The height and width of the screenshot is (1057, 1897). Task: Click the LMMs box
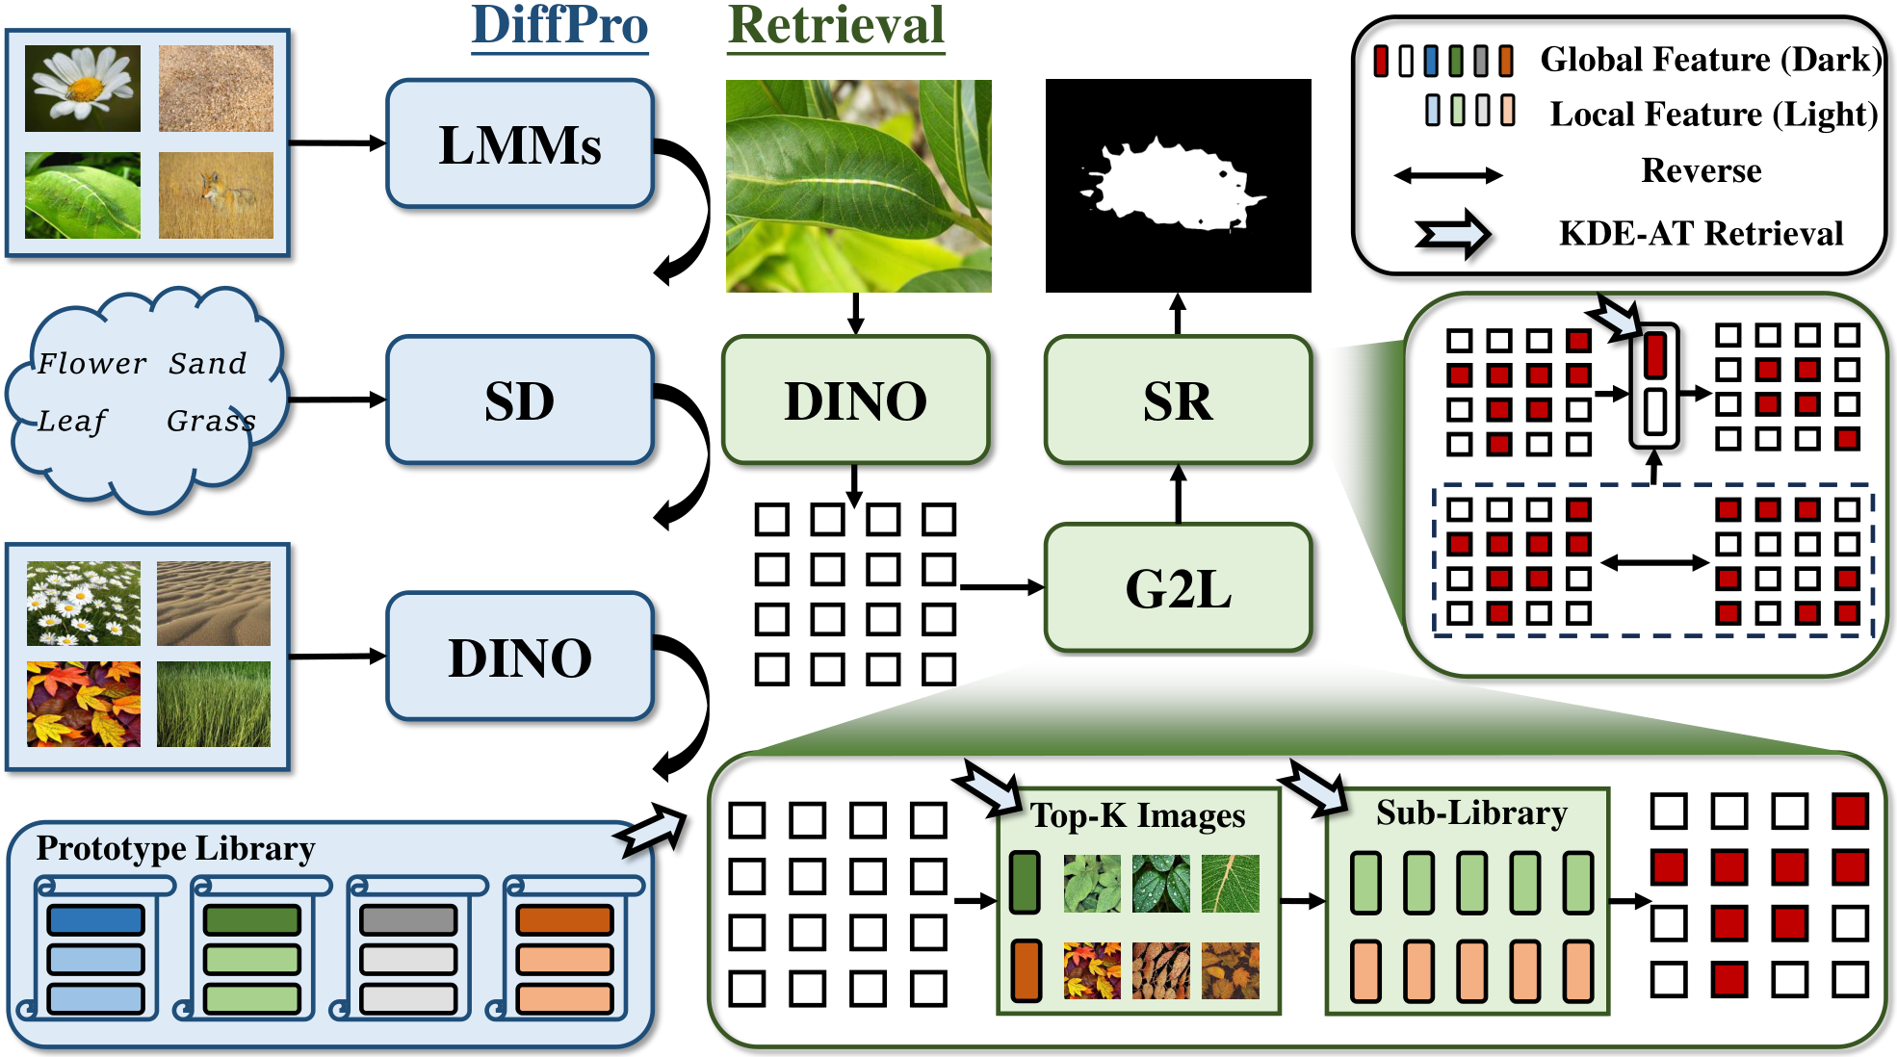click(520, 144)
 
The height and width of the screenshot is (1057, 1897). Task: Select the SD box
click(520, 400)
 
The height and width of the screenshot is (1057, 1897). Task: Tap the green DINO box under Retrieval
click(856, 400)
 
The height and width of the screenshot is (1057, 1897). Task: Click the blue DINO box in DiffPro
click(520, 657)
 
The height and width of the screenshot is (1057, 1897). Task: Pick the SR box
click(1179, 400)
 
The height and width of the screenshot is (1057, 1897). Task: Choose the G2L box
click(1179, 588)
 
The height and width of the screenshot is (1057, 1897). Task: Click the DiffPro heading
click(559, 26)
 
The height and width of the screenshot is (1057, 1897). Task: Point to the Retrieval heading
click(836, 26)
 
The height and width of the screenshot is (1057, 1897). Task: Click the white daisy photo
click(83, 89)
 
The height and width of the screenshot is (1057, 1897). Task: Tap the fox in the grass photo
click(216, 195)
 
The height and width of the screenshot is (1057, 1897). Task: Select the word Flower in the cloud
click(92, 363)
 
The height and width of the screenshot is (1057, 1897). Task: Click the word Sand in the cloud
click(208, 363)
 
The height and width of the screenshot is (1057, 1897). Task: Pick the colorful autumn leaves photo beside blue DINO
click(84, 704)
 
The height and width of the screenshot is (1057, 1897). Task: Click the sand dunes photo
click(214, 604)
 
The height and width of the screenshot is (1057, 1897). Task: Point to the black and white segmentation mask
click(1179, 186)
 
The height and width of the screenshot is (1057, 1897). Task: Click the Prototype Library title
click(176, 848)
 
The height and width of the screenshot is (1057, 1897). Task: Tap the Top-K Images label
click(1138, 815)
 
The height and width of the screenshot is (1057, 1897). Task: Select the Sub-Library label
click(1471, 812)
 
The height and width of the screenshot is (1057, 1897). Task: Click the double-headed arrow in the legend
click(1448, 175)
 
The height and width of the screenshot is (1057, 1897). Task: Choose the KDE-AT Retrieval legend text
click(1702, 233)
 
